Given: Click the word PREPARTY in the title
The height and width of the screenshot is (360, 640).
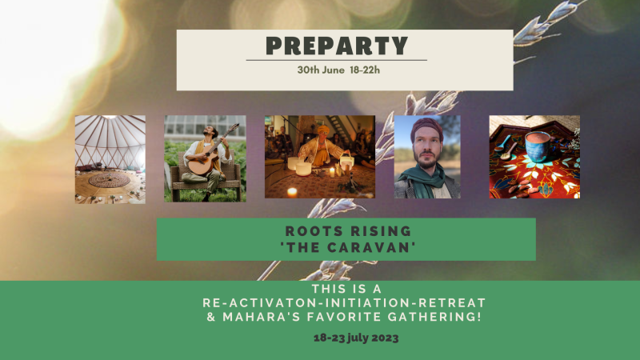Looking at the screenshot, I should click(336, 46).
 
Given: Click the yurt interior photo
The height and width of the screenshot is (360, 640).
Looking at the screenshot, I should click(110, 159).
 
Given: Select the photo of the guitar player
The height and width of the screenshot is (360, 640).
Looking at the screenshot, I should click(205, 158).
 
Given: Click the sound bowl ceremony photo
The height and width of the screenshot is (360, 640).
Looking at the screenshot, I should click(319, 157).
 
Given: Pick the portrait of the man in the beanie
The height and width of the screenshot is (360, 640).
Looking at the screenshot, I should click(427, 157).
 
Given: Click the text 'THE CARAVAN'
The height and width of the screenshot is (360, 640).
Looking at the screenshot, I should click(346, 245).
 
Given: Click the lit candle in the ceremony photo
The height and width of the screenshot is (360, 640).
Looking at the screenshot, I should click(292, 192).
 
